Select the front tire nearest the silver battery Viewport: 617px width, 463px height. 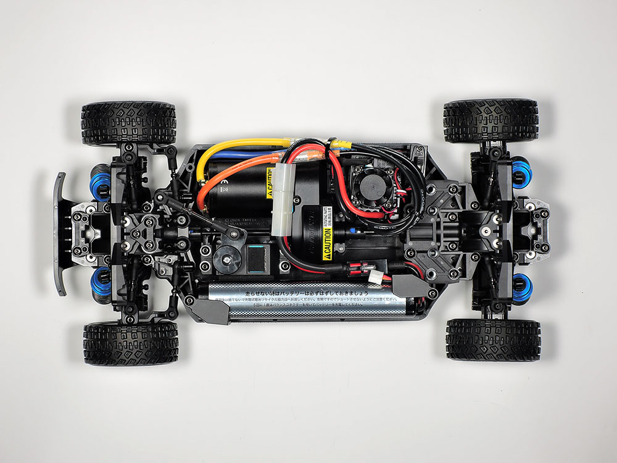pyautogui.click(x=130, y=342)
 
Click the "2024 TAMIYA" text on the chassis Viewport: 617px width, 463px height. pyautogui.click(x=244, y=219)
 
